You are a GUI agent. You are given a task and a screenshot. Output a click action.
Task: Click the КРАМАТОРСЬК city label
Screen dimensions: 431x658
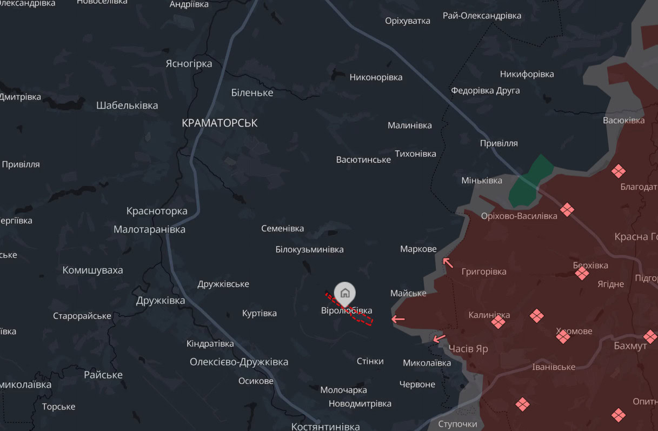click(x=220, y=123)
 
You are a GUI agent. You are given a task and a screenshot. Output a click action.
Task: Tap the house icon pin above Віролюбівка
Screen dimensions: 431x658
click(x=345, y=293)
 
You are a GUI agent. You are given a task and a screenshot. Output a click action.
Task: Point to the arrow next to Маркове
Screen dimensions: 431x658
click(x=448, y=263)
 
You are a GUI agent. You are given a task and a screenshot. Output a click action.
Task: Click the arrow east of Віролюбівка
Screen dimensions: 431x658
click(x=398, y=319)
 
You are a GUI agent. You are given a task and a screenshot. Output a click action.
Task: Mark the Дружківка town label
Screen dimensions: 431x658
click(x=161, y=301)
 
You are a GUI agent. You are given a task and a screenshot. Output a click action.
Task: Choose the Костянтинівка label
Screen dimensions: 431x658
click(x=325, y=427)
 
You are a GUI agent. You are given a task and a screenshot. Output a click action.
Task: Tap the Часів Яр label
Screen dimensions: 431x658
click(x=468, y=349)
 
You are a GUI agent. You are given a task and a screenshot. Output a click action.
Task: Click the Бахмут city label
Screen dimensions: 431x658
click(x=630, y=346)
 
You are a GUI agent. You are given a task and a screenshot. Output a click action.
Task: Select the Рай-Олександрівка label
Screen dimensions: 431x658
click(x=482, y=16)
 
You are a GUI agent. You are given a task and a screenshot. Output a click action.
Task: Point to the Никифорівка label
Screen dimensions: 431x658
click(x=527, y=74)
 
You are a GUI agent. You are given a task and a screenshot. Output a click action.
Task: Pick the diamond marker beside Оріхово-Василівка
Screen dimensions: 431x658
click(x=567, y=209)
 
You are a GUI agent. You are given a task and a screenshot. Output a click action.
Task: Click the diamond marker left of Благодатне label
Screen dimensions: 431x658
click(x=619, y=171)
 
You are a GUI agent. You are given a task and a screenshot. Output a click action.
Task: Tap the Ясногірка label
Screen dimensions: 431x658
click(x=189, y=64)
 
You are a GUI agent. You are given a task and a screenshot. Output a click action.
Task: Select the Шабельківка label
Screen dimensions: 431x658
click(x=127, y=105)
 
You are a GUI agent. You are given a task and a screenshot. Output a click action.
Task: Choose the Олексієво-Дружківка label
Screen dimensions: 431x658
click(x=239, y=362)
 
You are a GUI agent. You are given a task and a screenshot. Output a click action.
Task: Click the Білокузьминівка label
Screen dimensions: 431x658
click(x=309, y=249)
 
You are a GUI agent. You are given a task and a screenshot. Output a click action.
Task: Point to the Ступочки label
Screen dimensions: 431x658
click(x=457, y=423)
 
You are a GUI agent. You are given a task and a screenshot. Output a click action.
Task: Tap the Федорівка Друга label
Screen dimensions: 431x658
click(x=486, y=90)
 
